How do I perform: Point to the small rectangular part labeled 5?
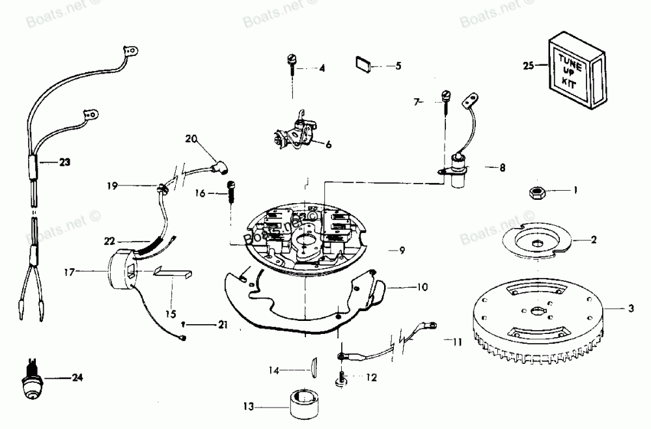pos(363,64)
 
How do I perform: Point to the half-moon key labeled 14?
pos(312,367)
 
